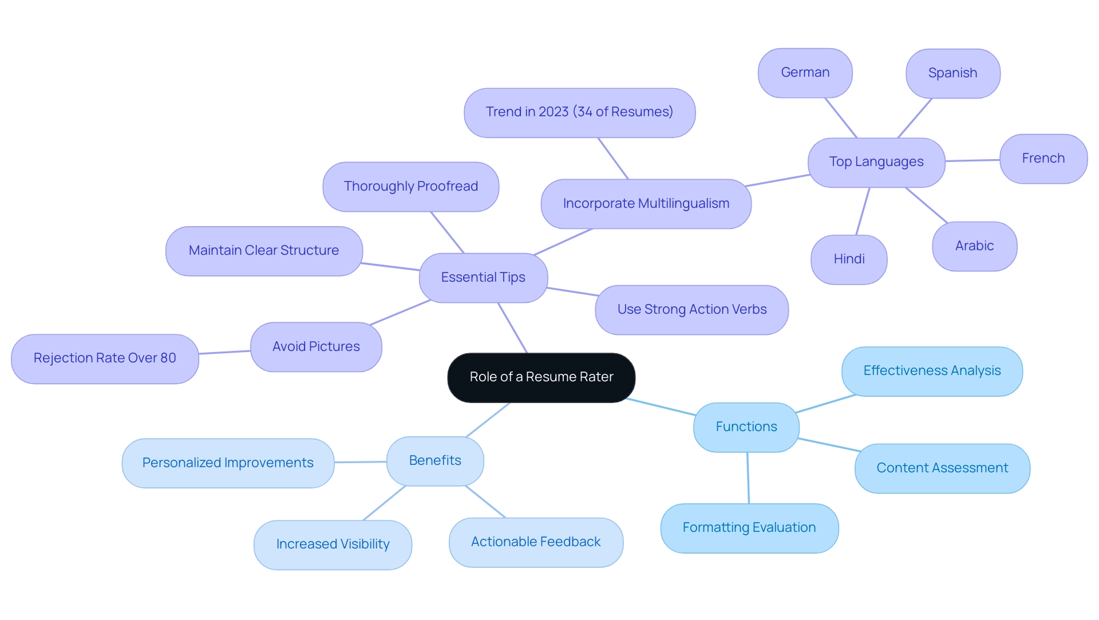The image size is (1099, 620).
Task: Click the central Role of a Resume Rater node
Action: click(x=541, y=377)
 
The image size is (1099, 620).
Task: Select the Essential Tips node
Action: click(x=483, y=278)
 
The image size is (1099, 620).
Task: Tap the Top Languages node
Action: click(x=876, y=162)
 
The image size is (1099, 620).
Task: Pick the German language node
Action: click(x=805, y=73)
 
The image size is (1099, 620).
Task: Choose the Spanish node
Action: click(x=952, y=73)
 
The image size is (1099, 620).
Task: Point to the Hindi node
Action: click(x=849, y=259)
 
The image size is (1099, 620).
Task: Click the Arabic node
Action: click(x=974, y=246)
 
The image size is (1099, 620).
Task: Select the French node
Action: click(x=1043, y=159)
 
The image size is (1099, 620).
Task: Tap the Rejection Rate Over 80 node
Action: click(x=105, y=358)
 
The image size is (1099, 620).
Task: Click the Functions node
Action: click(x=746, y=427)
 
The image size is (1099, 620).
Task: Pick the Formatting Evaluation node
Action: click(x=749, y=528)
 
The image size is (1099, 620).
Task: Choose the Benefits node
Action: click(x=435, y=461)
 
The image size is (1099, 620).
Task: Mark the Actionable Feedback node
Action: click(x=536, y=542)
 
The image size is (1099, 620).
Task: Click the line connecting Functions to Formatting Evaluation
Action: click(x=748, y=478)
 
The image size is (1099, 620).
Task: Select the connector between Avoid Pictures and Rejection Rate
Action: click(x=224, y=352)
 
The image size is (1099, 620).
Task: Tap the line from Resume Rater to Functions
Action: click(x=661, y=406)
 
